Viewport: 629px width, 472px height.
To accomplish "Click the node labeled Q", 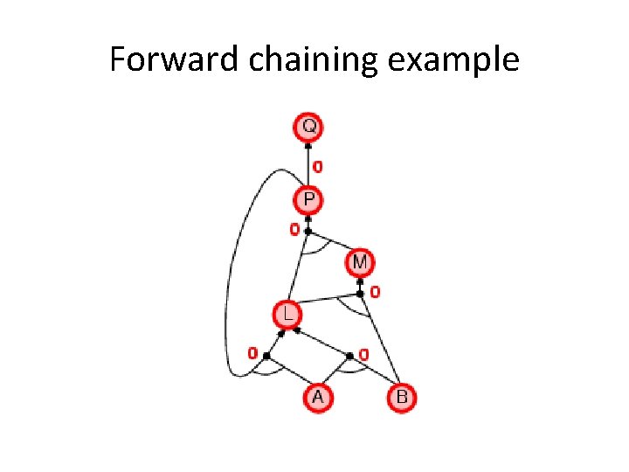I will (x=308, y=128).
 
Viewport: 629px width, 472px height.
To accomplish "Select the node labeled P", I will (x=308, y=201).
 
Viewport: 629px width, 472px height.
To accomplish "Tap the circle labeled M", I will (x=360, y=261).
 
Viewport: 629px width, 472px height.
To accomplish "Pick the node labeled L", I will (x=287, y=313).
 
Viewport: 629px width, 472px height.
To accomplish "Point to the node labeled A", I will (x=318, y=398).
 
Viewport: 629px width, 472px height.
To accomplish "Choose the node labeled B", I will (x=401, y=398).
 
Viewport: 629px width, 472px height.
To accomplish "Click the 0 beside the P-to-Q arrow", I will (x=317, y=165).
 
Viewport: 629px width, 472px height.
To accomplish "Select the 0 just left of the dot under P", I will (x=294, y=230).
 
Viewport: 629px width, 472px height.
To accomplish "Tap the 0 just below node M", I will (x=375, y=291).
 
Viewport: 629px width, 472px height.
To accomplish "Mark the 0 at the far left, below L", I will (x=252, y=354).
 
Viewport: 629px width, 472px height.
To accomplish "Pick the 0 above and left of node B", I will (x=363, y=354).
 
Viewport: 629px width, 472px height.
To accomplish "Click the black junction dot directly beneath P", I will (x=308, y=231).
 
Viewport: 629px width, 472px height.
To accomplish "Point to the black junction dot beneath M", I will (x=360, y=293).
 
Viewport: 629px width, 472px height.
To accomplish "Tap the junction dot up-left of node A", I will (x=266, y=355).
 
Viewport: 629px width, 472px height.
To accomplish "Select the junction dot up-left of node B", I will (x=349, y=355).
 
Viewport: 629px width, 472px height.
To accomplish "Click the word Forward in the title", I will (x=163, y=59).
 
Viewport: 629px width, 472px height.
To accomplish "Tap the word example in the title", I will (x=454, y=59).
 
